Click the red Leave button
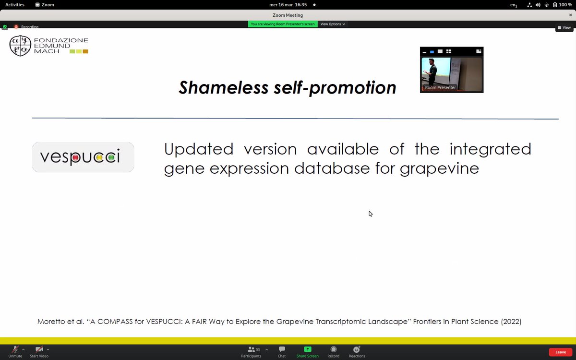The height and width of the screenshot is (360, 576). [x=560, y=352]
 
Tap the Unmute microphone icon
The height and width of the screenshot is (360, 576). [x=15, y=349]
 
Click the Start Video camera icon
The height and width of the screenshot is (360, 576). [x=39, y=349]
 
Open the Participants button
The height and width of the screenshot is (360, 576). [x=251, y=349]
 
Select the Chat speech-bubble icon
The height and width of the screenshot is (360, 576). [x=282, y=349]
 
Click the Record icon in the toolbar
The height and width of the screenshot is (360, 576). [x=333, y=349]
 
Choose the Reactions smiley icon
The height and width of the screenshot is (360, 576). [x=357, y=349]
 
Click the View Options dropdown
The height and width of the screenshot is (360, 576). [x=333, y=24]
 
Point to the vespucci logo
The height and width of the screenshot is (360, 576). [x=83, y=157]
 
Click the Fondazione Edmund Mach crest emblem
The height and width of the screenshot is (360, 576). [x=21, y=46]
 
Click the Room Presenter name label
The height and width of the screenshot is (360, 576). [x=440, y=88]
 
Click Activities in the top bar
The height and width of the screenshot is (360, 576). [x=15, y=5]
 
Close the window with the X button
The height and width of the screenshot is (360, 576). [x=570, y=15]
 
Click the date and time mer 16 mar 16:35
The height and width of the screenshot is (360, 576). [x=288, y=5]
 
